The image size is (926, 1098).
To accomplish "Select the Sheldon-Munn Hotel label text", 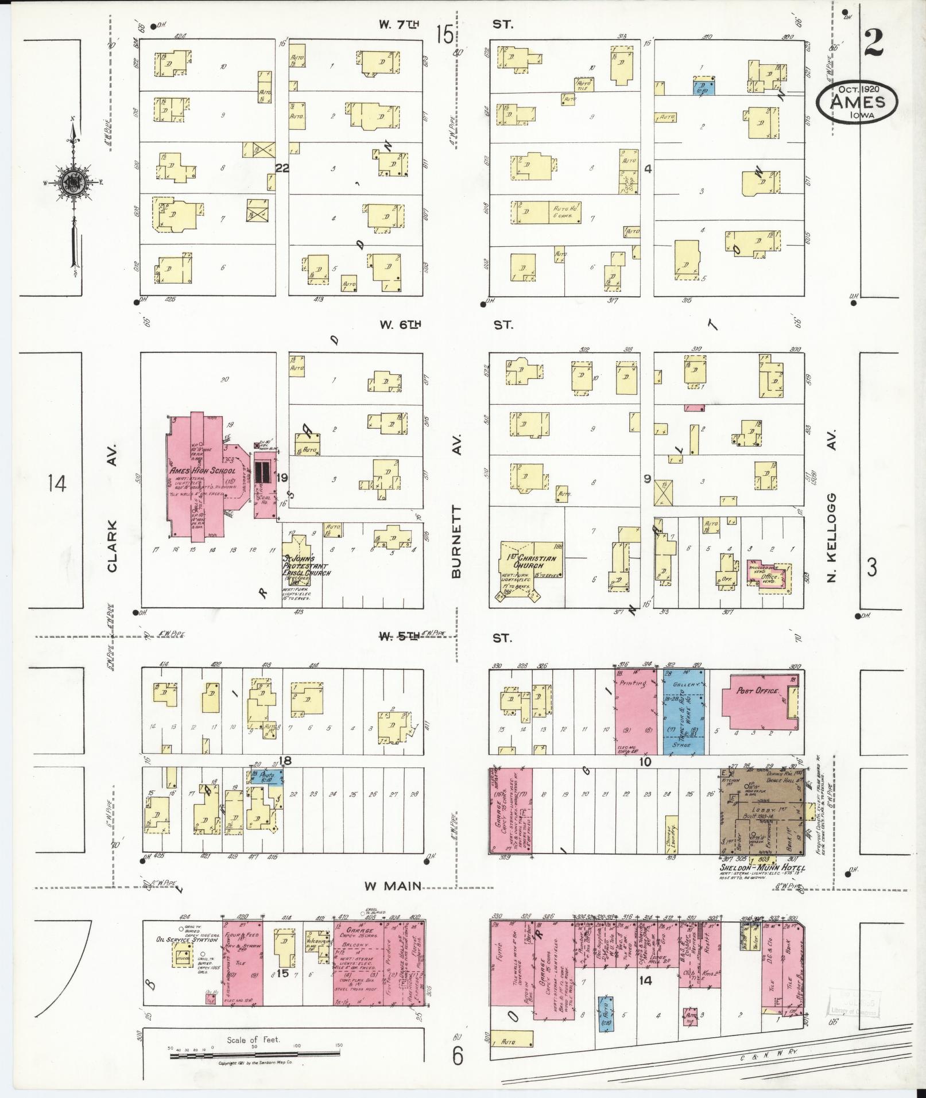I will click(x=762, y=884).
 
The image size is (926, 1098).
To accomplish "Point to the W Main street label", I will click(x=392, y=901).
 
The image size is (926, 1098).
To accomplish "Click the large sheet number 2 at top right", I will click(x=873, y=41).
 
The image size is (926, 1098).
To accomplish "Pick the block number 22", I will click(x=282, y=168).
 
